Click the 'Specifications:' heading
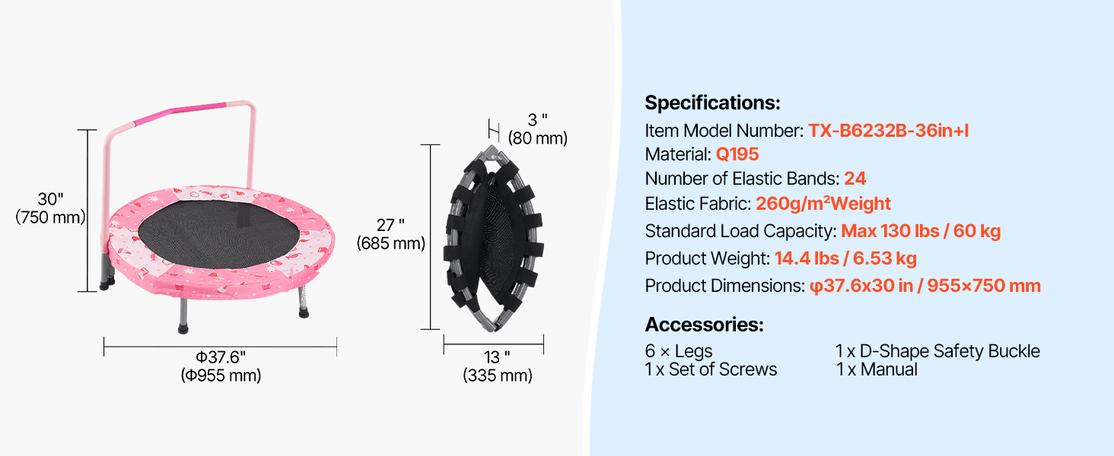pyautogui.click(x=712, y=103)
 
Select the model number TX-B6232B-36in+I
pyautogui.click(x=888, y=131)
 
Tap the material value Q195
pyautogui.click(x=737, y=154)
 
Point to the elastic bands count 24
pyautogui.click(x=855, y=179)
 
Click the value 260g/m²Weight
pyautogui.click(x=823, y=204)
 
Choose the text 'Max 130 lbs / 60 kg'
pyautogui.click(x=921, y=231)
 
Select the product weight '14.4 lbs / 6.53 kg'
pyautogui.click(x=845, y=258)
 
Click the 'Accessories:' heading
pyautogui.click(x=704, y=325)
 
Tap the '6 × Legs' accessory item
pyautogui.click(x=678, y=350)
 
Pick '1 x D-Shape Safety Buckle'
pyautogui.click(x=937, y=350)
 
